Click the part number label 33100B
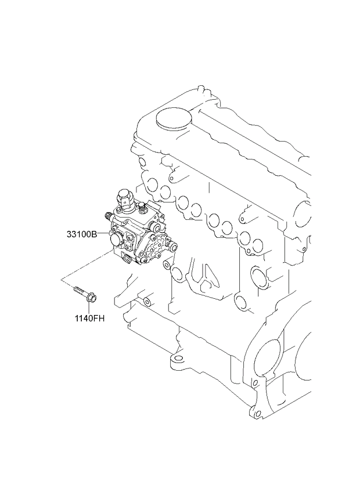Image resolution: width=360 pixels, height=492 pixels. [x=82, y=234]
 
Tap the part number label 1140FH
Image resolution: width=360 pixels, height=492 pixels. [x=89, y=319]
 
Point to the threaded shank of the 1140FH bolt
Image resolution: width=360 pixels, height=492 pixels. [x=81, y=291]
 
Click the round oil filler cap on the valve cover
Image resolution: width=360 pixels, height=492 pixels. [x=174, y=119]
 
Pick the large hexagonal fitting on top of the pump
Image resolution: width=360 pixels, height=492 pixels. [x=124, y=198]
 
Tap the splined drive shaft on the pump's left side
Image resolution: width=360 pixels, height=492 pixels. [x=108, y=216]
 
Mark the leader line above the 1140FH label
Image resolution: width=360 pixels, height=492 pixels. [x=89, y=309]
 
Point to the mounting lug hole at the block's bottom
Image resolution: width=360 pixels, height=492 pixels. [x=178, y=359]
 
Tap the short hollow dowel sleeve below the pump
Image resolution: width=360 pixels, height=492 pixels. [x=147, y=302]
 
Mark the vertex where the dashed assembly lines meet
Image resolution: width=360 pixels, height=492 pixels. [x=61, y=278]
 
